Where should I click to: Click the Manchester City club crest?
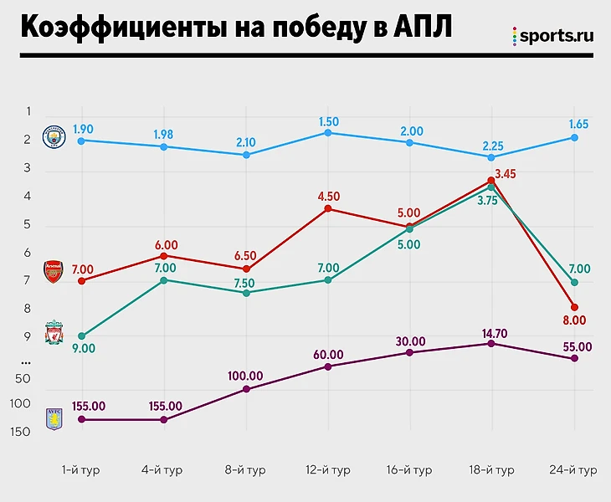point(54,137)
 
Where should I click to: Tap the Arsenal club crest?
point(53,272)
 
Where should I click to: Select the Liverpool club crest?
point(54,331)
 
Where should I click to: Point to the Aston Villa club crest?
point(54,418)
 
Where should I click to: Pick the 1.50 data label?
point(329,121)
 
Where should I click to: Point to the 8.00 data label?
point(574,320)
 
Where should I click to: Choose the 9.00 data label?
point(83,348)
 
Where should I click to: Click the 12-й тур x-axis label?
point(328,470)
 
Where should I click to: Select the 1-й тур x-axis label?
point(81,470)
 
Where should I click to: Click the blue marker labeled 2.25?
point(491,157)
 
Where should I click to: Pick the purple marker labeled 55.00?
point(573,358)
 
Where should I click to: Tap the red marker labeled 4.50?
point(328,208)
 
